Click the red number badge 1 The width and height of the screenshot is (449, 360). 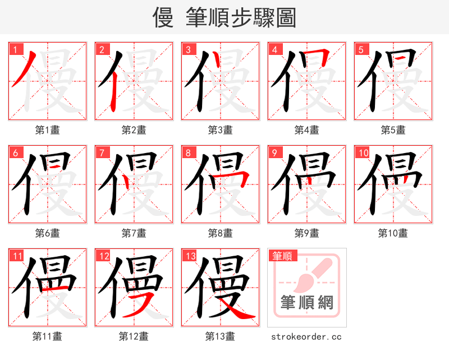point(15,49)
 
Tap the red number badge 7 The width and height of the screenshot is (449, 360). point(101,153)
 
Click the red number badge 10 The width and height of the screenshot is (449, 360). point(363,153)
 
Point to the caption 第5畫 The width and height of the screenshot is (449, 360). point(393,130)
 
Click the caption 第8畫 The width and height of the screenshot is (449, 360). point(220,233)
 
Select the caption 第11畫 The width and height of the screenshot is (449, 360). point(47,336)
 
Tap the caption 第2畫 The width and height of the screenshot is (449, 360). point(134,130)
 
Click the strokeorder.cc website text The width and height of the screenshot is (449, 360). point(306,336)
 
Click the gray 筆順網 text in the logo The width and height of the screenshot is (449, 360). point(306,303)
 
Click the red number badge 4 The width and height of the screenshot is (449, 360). point(275,49)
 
